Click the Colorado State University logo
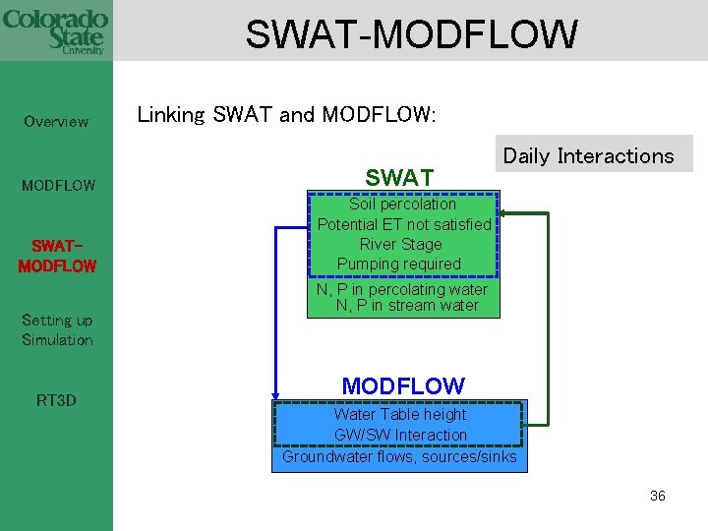coord(55,30)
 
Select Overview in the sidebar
coord(56,122)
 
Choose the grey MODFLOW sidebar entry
coord(59,185)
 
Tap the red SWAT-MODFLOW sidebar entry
coord(57,256)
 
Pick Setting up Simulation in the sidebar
coord(57,330)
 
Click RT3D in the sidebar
coord(56,400)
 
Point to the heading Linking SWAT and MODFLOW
coord(285,115)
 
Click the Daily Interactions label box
coord(588,155)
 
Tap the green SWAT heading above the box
coord(399,178)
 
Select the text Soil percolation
coord(403,205)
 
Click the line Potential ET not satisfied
coord(403,224)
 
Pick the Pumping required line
coord(399,264)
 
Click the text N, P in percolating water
coord(401,289)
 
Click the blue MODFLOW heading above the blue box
coord(402,385)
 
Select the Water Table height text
coord(400,414)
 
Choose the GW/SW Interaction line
coord(400,435)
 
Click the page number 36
coord(657,496)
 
